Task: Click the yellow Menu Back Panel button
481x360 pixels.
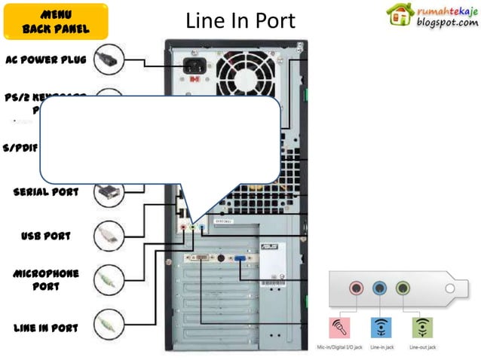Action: coord(56,22)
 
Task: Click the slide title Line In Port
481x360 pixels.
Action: coord(240,22)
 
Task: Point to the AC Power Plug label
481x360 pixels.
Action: coord(46,59)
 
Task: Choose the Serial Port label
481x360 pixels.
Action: coord(46,191)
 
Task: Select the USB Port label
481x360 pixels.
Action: coord(46,236)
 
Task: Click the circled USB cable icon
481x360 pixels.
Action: coord(109,236)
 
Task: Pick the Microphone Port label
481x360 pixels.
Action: coord(46,279)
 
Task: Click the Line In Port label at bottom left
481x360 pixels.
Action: coord(46,328)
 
